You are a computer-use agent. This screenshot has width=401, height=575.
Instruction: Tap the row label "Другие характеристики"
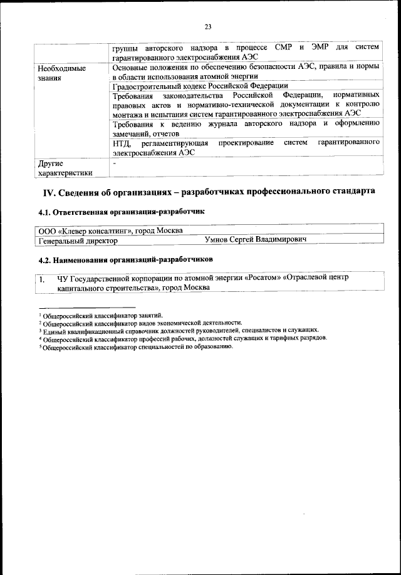(x=65, y=167)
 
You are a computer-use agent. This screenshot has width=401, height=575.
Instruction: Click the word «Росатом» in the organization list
(x=263, y=277)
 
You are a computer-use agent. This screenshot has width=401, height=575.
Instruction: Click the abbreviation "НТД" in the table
(x=122, y=143)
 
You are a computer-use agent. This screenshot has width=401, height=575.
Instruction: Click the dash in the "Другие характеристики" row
(x=114, y=162)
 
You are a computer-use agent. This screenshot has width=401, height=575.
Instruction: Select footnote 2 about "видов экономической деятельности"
(x=140, y=323)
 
